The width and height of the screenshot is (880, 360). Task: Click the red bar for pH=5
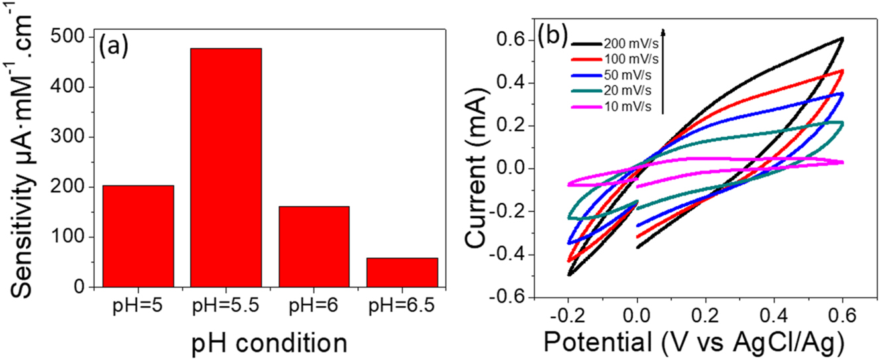[x=138, y=236]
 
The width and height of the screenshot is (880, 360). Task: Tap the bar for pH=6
[x=314, y=247]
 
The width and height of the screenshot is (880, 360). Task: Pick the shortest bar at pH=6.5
[x=402, y=272]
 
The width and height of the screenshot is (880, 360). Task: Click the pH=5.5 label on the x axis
[x=226, y=307]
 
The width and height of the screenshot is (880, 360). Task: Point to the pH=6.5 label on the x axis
[x=402, y=307]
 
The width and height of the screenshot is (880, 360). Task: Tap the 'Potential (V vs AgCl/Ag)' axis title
[x=692, y=341]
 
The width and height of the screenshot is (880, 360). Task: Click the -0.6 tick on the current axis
[x=510, y=297]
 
